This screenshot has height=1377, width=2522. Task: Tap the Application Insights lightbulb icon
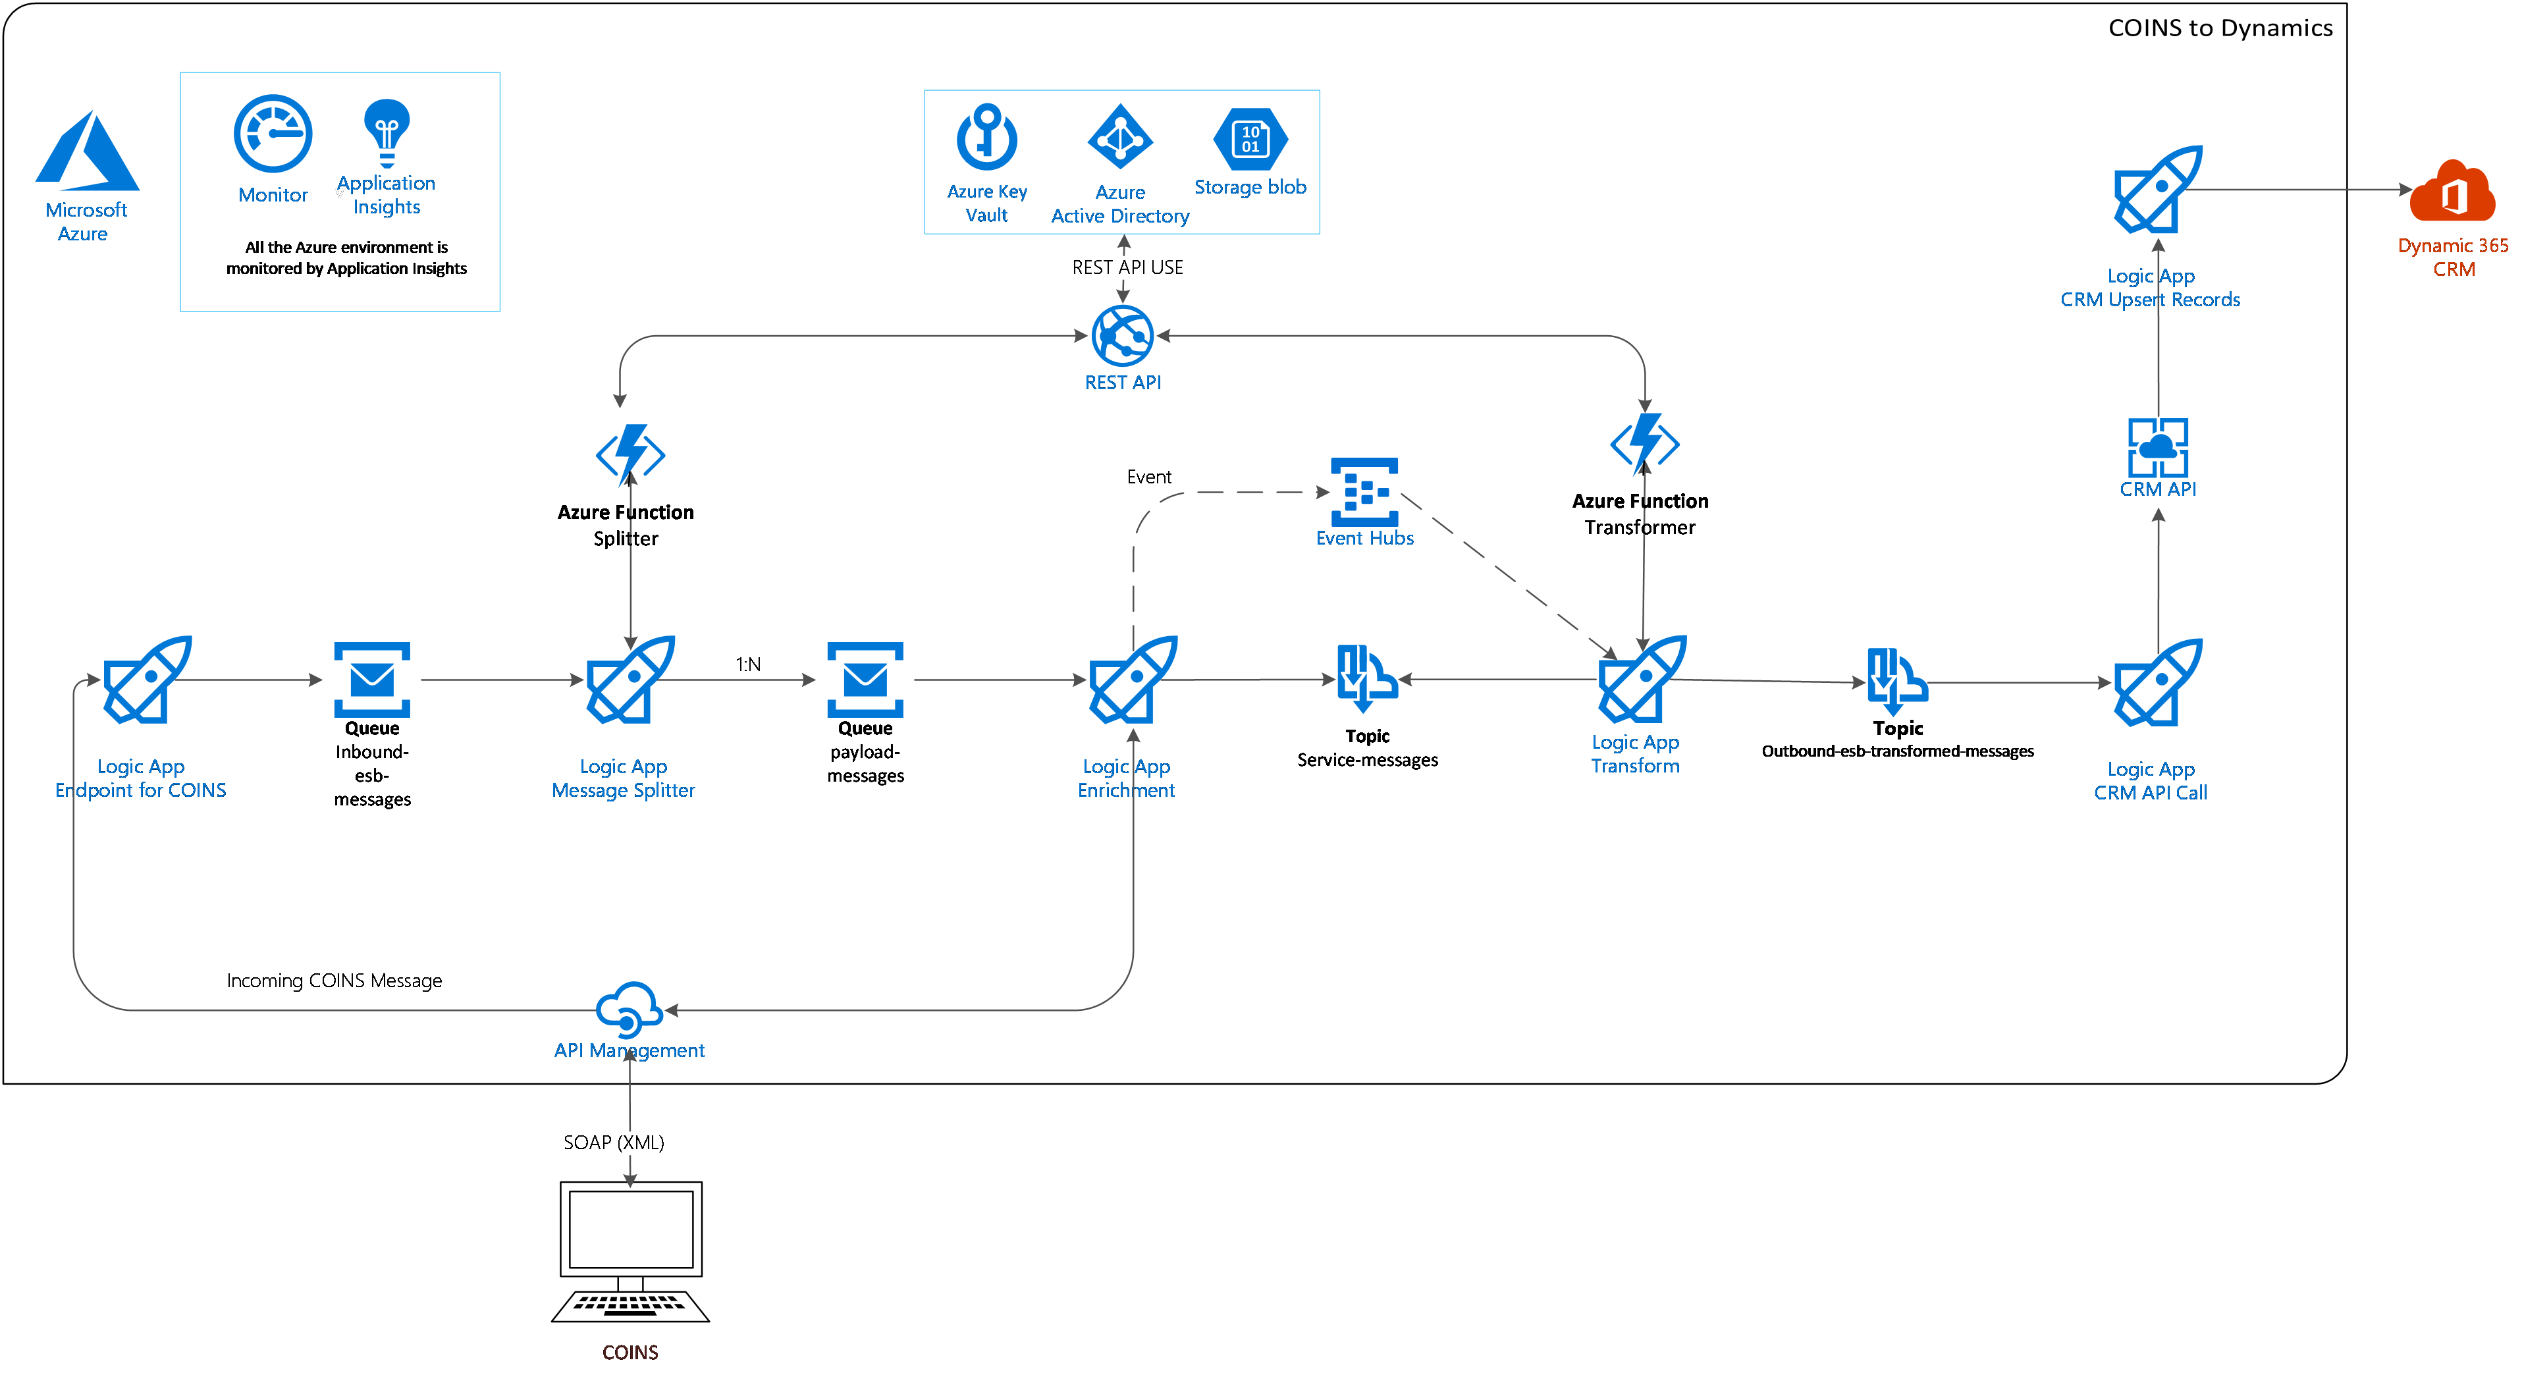[387, 132]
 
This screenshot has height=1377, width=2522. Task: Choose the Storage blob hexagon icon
[1250, 139]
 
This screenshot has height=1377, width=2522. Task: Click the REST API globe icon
[1123, 336]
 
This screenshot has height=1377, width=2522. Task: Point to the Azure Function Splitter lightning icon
[631, 454]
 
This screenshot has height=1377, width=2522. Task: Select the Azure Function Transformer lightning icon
[1645, 443]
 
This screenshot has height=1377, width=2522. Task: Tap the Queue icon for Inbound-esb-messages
[372, 680]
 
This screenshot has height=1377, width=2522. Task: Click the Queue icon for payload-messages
[865, 680]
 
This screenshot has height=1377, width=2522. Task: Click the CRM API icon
[2158, 448]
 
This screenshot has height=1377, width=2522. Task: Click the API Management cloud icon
[630, 1010]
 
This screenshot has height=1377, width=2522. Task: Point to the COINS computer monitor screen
[631, 1228]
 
